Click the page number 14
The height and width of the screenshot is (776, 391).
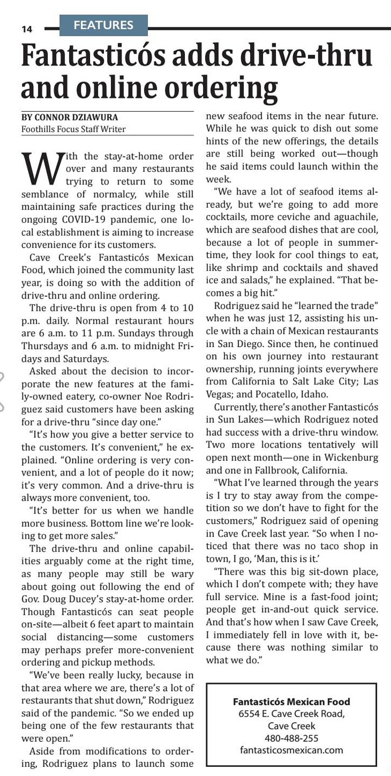click(27, 29)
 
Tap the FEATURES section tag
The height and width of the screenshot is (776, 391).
click(103, 25)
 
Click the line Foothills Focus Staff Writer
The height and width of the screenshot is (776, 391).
click(74, 129)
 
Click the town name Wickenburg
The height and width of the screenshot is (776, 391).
click(351, 458)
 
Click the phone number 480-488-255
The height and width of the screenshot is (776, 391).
click(291, 738)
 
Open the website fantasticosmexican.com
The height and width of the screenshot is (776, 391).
click(291, 750)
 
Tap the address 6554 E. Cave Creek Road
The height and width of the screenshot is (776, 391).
click(291, 714)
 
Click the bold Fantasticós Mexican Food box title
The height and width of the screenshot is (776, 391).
click(291, 702)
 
